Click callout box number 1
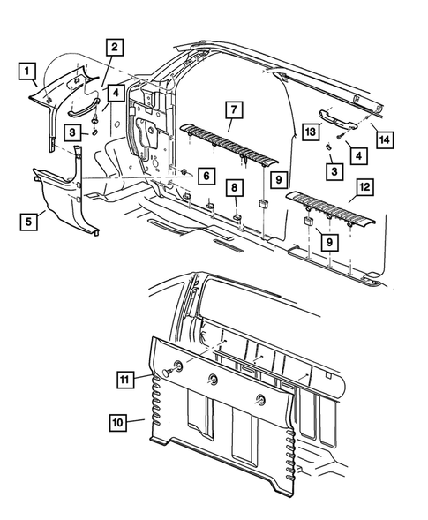tap(26, 71)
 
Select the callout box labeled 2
tap(115, 47)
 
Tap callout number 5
tap(28, 222)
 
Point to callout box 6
tap(206, 176)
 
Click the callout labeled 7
tap(235, 109)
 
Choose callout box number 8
tap(235, 188)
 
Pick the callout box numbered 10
tap(118, 423)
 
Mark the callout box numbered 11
tap(125, 379)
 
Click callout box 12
tap(364, 186)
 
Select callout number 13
tap(311, 132)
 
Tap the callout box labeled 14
tap(385, 139)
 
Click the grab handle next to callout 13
tap(337, 119)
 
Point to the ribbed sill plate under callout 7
tap(229, 144)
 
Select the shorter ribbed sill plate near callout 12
tap(331, 208)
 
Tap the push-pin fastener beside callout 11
tap(169, 372)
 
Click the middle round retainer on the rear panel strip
tap(213, 380)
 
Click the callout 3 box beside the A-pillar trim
tap(72, 132)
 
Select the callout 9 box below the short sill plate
tap(329, 242)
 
